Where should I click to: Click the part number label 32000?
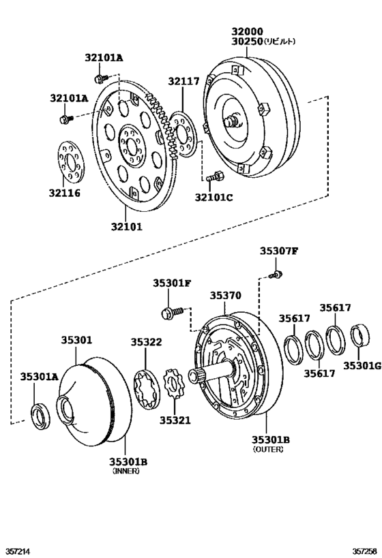246,31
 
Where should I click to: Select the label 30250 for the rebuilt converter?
246,42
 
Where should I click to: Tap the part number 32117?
183,82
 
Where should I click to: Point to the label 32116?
65,193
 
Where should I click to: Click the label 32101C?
214,198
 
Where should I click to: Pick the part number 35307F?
278,251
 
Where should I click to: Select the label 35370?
225,296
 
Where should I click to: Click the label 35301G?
362,367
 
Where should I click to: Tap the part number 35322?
147,342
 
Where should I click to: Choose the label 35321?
176,420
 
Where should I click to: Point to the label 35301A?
39,376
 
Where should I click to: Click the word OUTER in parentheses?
268,450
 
